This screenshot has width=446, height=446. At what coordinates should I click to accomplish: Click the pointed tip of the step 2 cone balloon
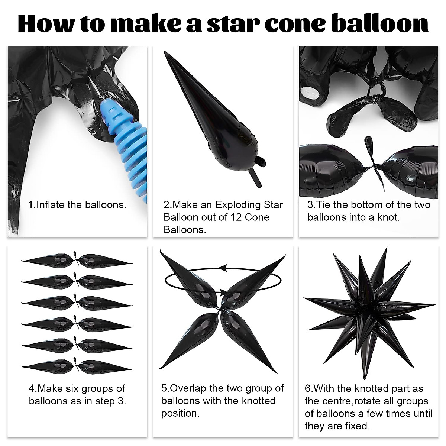point(166,54)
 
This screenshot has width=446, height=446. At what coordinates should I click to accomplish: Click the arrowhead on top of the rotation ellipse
point(223,268)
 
